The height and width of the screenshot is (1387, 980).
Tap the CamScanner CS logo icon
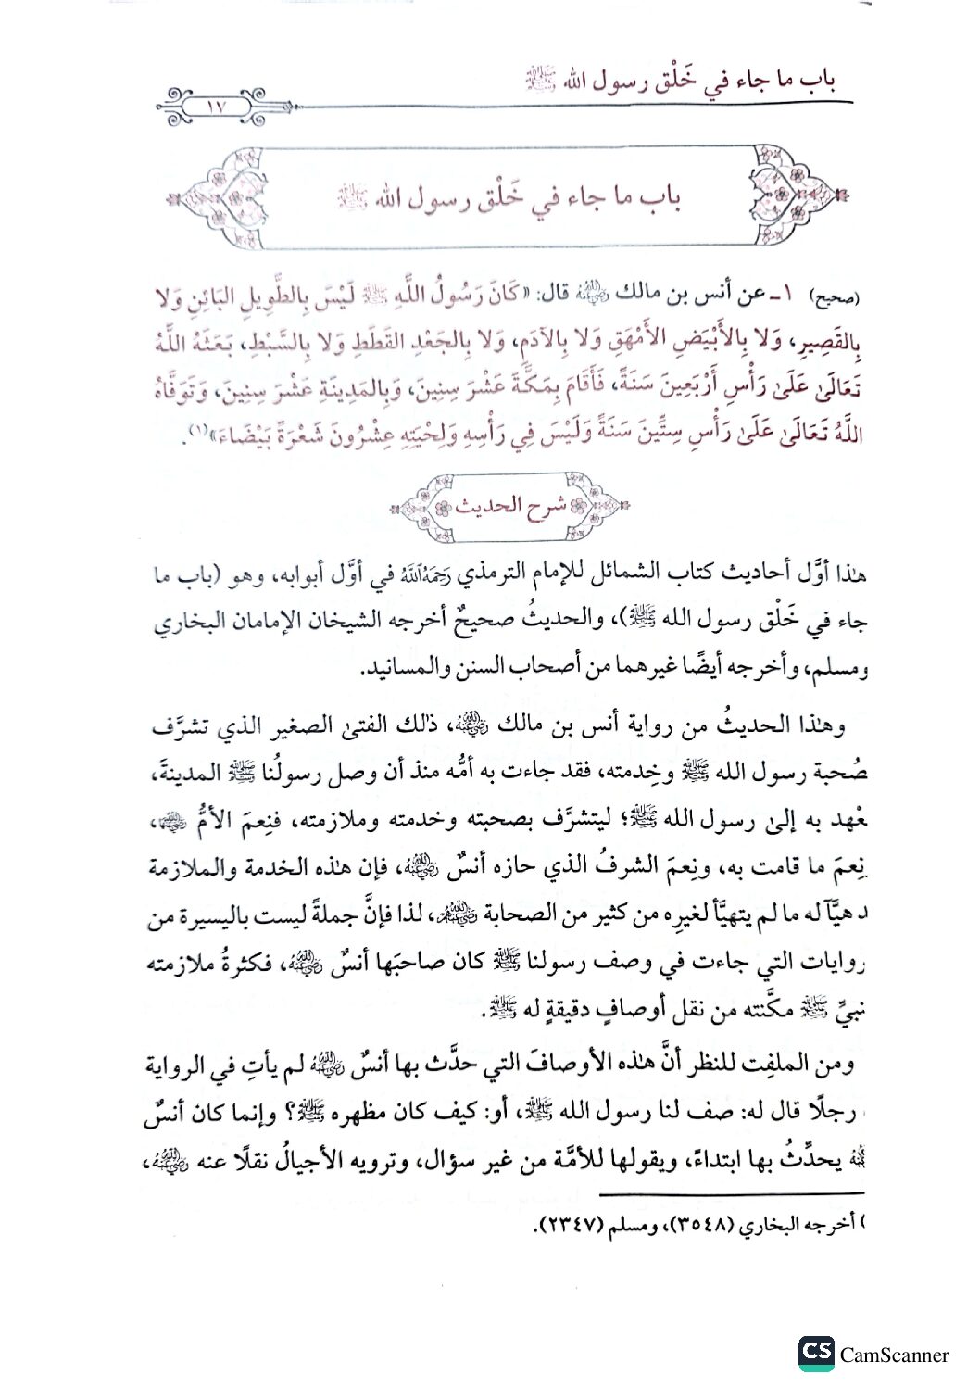click(816, 1353)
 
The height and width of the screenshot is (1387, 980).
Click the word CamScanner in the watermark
click(894, 1355)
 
